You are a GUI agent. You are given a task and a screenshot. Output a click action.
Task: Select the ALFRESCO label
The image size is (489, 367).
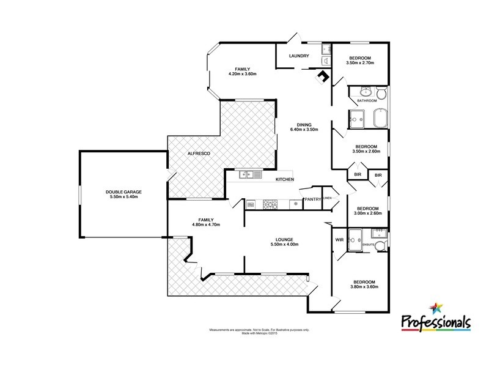pyautogui.click(x=199, y=153)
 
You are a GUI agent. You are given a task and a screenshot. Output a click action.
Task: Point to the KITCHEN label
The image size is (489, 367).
pyautogui.click(x=285, y=179)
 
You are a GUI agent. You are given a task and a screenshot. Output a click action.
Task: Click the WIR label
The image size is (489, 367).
pyautogui.click(x=340, y=240)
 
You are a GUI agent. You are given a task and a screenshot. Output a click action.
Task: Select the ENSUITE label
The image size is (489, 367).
pyautogui.click(x=368, y=245)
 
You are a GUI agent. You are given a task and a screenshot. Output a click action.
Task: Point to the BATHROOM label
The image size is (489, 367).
pyautogui.click(x=367, y=100)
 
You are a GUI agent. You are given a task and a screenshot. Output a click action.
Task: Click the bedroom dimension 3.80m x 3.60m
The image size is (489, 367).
pyautogui.click(x=368, y=287)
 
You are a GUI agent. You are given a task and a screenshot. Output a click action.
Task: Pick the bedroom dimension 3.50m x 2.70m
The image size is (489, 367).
pyautogui.click(x=359, y=63)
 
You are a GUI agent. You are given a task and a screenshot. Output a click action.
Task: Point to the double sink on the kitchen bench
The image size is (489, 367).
pyautogui.click(x=251, y=174)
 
